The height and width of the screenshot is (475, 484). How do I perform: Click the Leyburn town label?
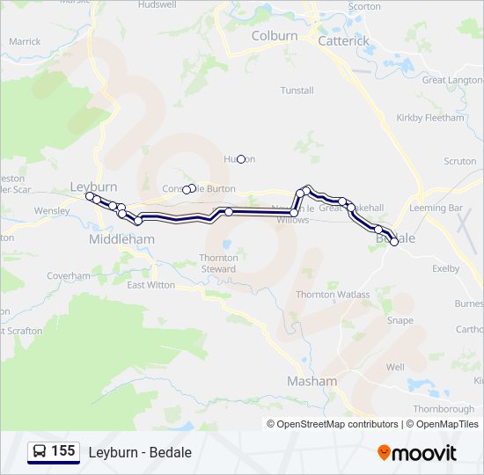point(94,186)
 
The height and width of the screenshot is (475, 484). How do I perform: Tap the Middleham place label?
point(121,239)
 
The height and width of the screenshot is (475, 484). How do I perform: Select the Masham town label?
point(312,381)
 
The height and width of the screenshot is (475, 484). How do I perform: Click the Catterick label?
point(343,40)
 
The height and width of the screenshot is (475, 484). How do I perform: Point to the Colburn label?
point(275,36)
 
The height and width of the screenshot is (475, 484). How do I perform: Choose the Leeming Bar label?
point(436,208)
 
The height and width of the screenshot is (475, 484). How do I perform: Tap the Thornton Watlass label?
point(333,295)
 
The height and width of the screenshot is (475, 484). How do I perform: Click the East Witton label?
point(150,285)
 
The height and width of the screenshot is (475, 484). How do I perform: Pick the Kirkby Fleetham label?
point(429,118)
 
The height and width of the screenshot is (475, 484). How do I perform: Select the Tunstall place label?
point(297,91)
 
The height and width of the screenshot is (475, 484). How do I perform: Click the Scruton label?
point(459,162)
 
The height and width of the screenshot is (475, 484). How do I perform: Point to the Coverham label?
point(69,275)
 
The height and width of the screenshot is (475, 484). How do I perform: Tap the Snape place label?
point(400,321)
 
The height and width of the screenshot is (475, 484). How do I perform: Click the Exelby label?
point(446,268)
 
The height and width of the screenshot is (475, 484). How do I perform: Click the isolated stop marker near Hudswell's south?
point(241,158)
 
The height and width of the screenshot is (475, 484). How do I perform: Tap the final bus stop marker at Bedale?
point(394,243)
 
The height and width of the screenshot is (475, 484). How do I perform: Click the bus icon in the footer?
point(40,452)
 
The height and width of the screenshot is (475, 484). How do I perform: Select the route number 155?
point(62,451)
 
